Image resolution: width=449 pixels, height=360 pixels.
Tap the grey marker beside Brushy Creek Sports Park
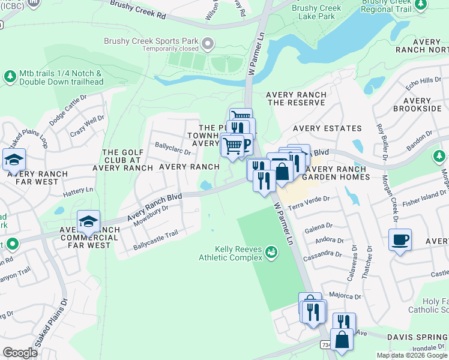pyautogui.click(x=208, y=43)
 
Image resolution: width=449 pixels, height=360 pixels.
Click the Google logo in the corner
pyautogui.click(x=20, y=352)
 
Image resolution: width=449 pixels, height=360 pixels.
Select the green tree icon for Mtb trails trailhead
pyautogui.click(x=10, y=77)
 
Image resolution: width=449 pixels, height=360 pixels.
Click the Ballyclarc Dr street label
pyautogui.click(x=173, y=152)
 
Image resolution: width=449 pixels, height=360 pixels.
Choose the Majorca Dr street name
pyautogui.click(x=345, y=296)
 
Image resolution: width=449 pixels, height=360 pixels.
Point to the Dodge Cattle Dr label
pyautogui.click(x=68, y=111)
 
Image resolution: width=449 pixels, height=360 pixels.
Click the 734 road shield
pyautogui.click(x=324, y=346)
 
